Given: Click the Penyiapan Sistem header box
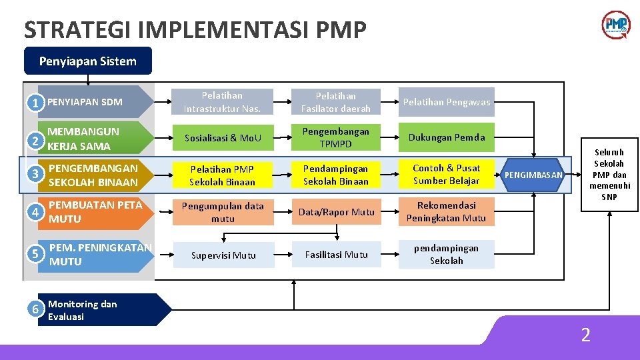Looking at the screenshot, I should coord(88,61).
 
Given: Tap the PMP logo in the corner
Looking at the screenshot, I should coord(615,25).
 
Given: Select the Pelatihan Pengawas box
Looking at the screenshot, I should coord(447,102).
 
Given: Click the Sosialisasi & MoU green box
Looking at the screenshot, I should coord(223,138).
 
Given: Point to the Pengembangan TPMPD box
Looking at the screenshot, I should coord(335,137).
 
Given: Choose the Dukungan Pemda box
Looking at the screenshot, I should coord(447,137).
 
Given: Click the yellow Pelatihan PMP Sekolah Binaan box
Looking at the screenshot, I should coord(223,175).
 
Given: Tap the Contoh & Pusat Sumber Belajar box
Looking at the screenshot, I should coord(447,175).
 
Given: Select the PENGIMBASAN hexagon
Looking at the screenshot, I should coord(533,175).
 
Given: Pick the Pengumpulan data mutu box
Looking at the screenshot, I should coord(223,212).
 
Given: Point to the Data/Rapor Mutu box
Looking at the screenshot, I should coord(335,212).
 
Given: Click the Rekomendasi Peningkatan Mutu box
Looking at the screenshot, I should coord(447,211).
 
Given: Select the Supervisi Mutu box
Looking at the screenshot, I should coord(223,255).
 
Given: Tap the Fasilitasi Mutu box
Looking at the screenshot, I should coord(335,254).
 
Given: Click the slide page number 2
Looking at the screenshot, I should coord(585,335).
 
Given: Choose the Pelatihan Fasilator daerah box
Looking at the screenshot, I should coord(335,102).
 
